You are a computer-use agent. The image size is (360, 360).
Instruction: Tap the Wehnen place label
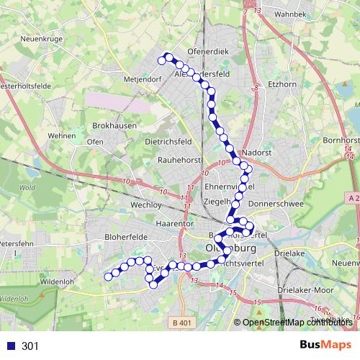(x=61, y=135)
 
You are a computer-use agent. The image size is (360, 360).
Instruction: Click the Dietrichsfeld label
(x=168, y=142)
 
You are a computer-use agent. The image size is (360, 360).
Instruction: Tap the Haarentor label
(x=174, y=224)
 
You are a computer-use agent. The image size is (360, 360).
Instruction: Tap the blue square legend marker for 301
(x=11, y=346)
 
